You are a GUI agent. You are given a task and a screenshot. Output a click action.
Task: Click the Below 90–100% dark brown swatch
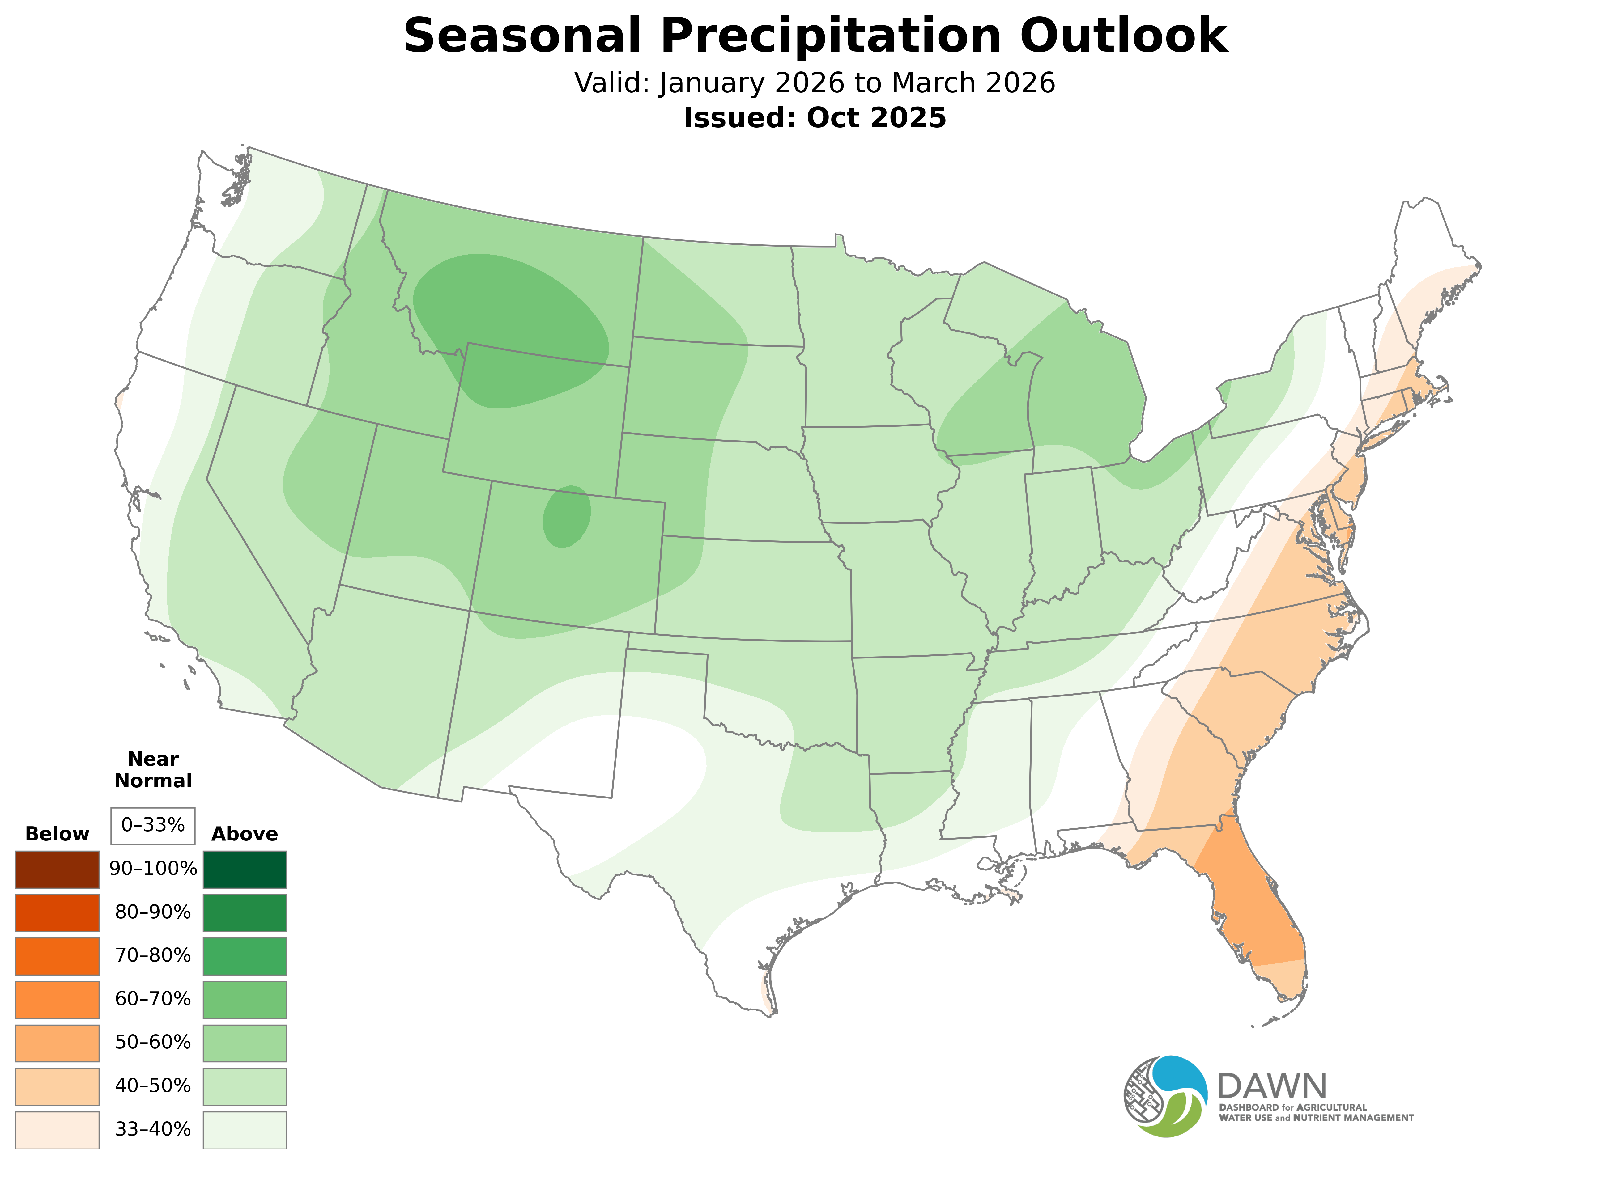[57, 870]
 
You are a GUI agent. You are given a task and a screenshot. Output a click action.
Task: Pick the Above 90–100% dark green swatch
[245, 870]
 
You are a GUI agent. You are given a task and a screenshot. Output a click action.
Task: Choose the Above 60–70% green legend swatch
[245, 999]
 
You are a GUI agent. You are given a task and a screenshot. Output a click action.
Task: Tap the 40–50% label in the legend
[153, 1086]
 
